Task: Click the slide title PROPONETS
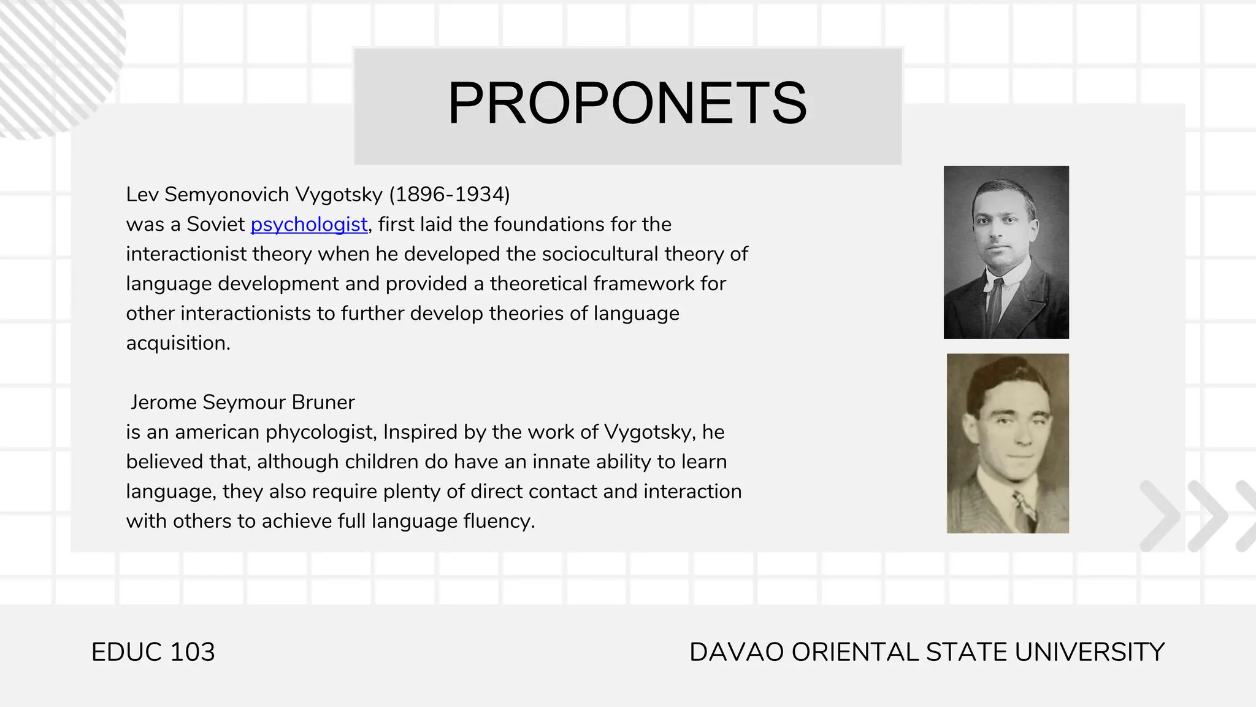[x=627, y=103]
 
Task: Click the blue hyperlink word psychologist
[x=309, y=225]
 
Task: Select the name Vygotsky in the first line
[x=339, y=195]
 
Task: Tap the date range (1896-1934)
[x=450, y=195]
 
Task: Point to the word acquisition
[x=177, y=343]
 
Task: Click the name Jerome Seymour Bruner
[x=242, y=403]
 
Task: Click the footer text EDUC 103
[x=153, y=652]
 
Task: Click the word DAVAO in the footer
[x=737, y=652]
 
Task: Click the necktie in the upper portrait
[x=993, y=304]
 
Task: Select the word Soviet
[x=215, y=225]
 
